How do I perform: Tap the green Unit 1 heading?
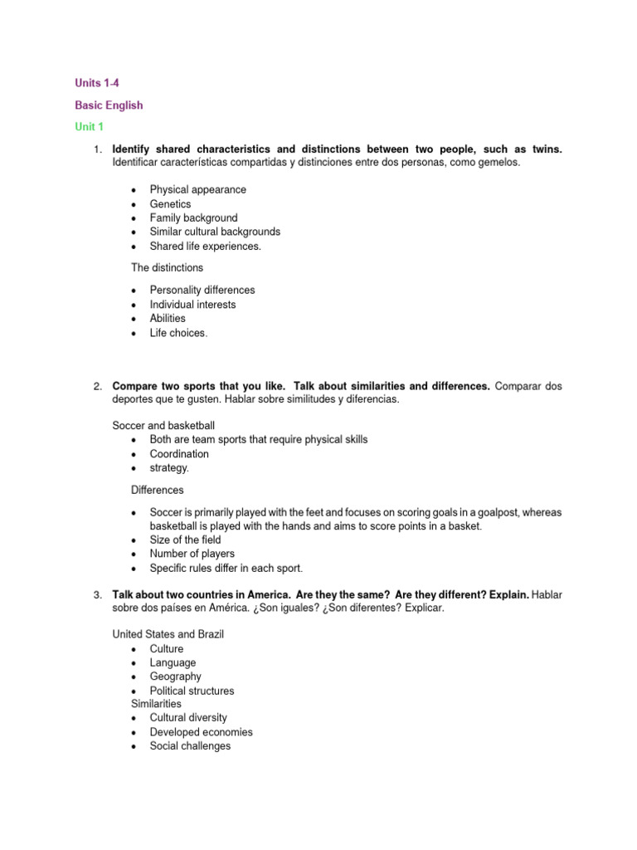[x=90, y=127]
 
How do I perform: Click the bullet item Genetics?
[x=170, y=204]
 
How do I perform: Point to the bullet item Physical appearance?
[x=197, y=190]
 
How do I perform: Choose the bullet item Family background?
[x=193, y=218]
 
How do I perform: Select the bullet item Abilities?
[x=168, y=319]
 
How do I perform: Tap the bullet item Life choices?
[x=177, y=333]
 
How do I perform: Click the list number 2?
[x=97, y=387]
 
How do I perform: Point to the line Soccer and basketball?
[x=163, y=426]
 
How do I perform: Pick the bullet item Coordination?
[x=179, y=454]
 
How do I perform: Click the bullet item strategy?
[x=169, y=468]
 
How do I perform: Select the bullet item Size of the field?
[x=185, y=540]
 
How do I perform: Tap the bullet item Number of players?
[x=192, y=554]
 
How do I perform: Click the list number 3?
[x=97, y=595]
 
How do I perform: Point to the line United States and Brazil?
[x=168, y=634]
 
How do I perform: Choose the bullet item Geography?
[x=175, y=677]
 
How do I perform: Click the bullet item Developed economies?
[x=201, y=732]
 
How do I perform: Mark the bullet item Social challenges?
[x=190, y=746]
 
